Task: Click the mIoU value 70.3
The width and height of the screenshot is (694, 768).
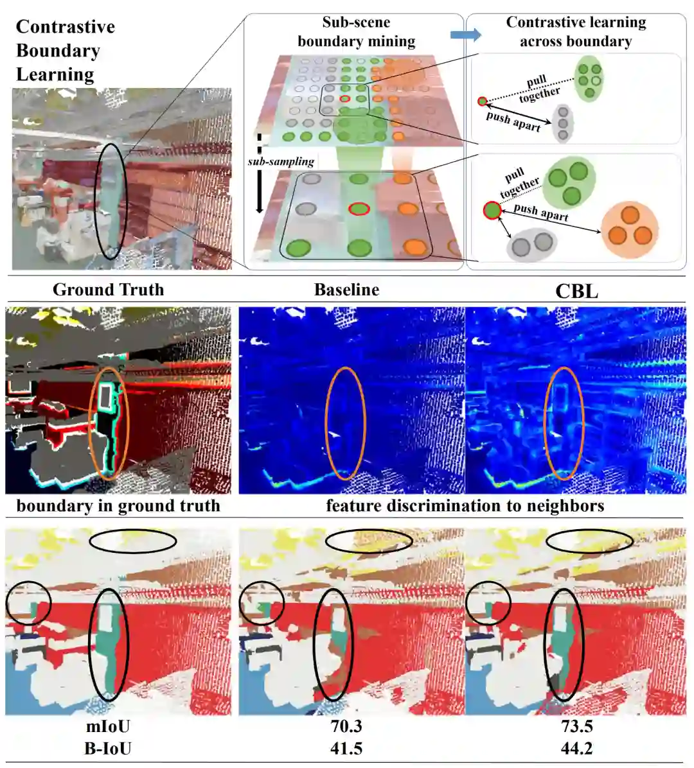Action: [x=346, y=726]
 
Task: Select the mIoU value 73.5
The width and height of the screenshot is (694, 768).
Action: [x=576, y=726]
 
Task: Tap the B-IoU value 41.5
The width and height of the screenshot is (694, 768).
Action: [x=346, y=748]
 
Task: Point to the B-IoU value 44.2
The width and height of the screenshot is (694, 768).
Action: [x=576, y=748]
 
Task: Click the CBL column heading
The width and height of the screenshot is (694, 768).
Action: [x=576, y=291]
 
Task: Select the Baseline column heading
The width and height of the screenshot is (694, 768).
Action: [x=346, y=290]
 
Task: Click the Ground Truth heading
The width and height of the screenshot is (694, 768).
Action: [x=108, y=290]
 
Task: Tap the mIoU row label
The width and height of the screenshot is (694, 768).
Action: [x=108, y=726]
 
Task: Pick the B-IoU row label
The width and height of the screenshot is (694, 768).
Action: [x=108, y=748]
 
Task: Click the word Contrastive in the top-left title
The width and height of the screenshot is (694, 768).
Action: [x=66, y=27]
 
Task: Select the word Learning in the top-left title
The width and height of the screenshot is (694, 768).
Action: [x=55, y=74]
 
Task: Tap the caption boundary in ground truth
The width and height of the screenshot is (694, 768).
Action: [x=118, y=506]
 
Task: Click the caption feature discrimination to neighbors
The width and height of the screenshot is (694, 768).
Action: [x=465, y=506]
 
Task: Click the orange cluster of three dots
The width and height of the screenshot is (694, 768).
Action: [x=630, y=230]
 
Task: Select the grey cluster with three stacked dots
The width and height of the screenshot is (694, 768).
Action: [x=563, y=123]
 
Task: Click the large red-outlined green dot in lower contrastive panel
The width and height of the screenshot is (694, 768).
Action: [x=492, y=210]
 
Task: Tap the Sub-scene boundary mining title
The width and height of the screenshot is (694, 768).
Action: [x=356, y=32]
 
